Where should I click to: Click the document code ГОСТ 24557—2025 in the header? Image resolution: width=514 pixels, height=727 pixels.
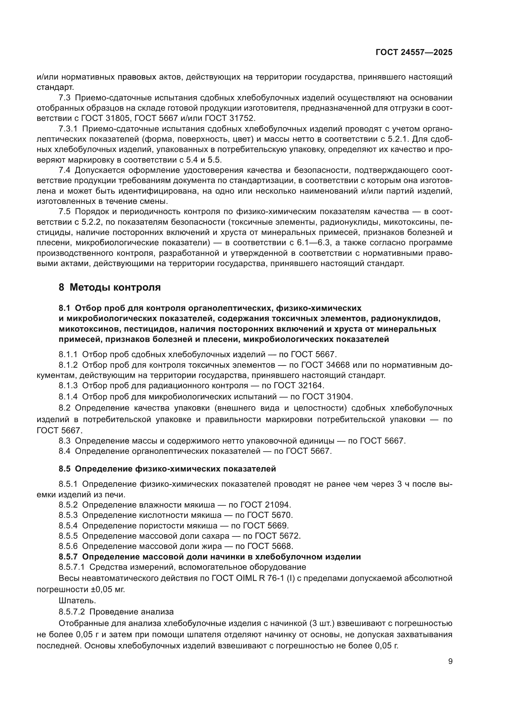414,53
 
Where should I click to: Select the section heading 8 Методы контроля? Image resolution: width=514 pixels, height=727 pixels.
109,287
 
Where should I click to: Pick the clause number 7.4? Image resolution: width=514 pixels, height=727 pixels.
64,170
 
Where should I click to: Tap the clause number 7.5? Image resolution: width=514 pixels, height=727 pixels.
64,212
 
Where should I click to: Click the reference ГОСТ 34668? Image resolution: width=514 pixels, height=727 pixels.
325,365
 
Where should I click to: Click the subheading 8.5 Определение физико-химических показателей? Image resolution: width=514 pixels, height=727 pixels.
167,469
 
